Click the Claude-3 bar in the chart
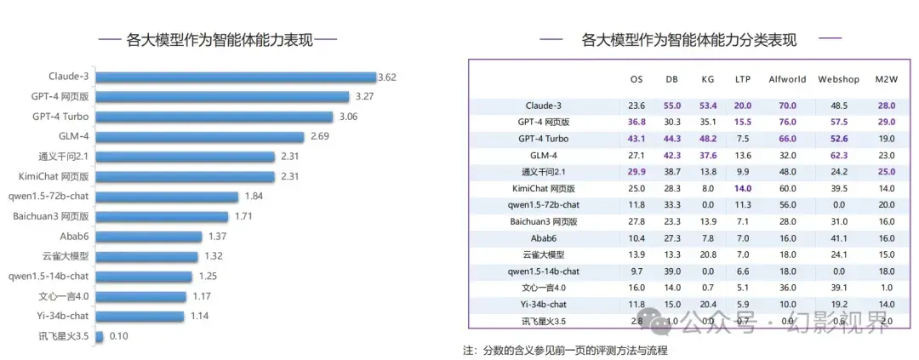pos(236,77)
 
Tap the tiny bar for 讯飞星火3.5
pos(100,336)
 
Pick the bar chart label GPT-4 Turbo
pos(60,117)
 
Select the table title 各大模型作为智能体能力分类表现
pos(689,39)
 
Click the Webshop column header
pos(838,79)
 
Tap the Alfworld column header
pos(787,79)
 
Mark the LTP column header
pos(743,79)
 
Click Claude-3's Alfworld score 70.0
pos(787,106)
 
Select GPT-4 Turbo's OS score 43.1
pos(636,139)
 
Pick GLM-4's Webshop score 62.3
pos(838,155)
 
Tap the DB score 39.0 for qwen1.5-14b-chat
pos(672,271)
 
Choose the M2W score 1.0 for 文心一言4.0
pos(886,288)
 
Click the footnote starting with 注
pos(565,350)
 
